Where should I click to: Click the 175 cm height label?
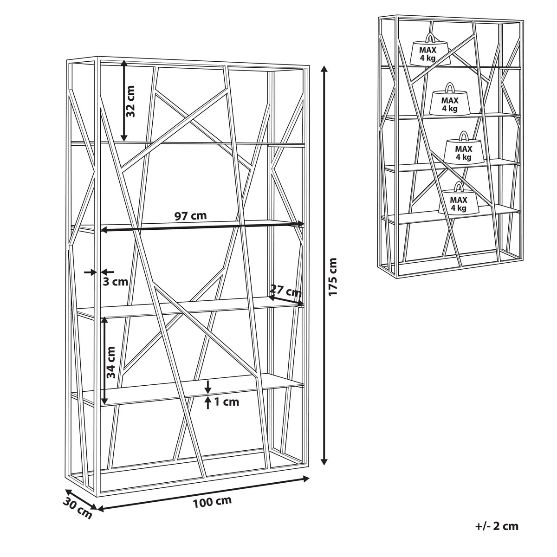tap(333, 277)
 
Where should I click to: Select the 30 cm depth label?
tap(77, 508)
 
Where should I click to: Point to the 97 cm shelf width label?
tap(191, 215)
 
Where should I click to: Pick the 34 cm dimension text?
tap(110, 363)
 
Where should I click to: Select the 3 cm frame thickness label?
tap(115, 282)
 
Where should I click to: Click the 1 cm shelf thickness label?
tap(227, 402)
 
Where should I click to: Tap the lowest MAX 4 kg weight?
tap(459, 198)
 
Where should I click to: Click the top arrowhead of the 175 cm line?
tap(324, 69)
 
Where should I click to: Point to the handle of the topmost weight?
tap(430, 37)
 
